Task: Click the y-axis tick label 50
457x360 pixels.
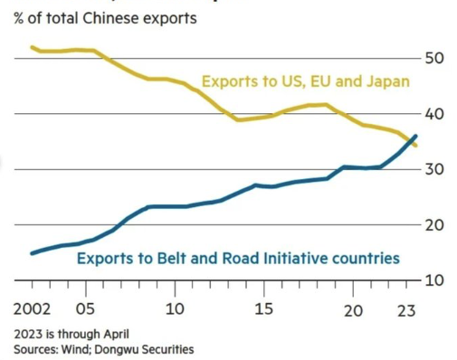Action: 435,58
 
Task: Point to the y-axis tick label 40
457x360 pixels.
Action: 435,114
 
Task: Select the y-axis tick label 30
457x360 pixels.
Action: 435,169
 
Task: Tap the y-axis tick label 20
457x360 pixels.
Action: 435,225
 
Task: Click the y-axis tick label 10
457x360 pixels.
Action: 435,280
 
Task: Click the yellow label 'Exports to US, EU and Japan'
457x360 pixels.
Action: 305,82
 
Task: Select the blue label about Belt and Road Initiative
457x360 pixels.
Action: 238,259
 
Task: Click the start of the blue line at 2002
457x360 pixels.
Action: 33,253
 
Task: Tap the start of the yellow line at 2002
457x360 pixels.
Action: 33,47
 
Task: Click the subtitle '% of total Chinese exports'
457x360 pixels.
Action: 104,18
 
